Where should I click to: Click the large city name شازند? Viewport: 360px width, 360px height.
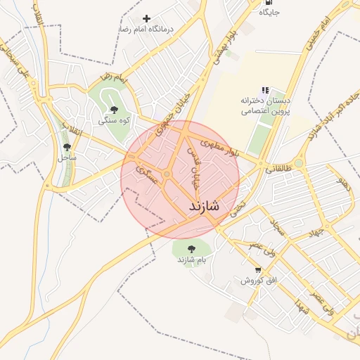(205, 207)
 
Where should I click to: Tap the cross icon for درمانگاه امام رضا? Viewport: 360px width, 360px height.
(146, 18)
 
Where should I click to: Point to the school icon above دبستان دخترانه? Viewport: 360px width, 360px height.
(264, 90)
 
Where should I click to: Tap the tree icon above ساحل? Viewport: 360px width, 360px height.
(67, 148)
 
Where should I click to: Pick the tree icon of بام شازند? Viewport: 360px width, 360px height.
(191, 248)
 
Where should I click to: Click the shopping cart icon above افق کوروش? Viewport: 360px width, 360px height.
(259, 269)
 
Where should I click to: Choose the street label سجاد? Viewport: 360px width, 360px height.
(276, 225)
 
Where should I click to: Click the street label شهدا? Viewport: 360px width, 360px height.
(303, 307)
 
